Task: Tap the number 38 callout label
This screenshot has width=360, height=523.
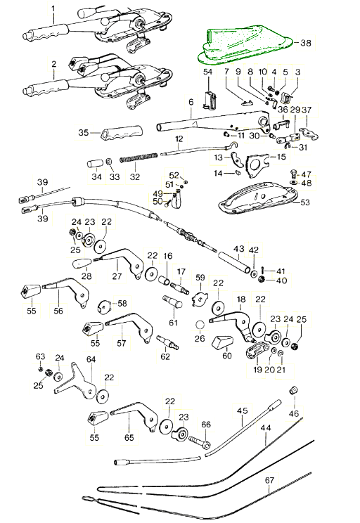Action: point(306,43)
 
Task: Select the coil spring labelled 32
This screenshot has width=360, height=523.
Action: point(139,157)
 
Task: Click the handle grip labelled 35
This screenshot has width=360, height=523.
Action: point(121,134)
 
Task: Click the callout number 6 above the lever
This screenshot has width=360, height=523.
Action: point(191,102)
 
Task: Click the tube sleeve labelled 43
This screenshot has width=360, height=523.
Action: point(234,263)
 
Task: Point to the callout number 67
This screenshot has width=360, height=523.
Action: point(269,480)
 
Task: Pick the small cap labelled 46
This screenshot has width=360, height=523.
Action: point(293,390)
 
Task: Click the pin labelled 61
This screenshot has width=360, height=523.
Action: point(172,302)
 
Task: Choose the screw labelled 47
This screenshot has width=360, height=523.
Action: point(293,174)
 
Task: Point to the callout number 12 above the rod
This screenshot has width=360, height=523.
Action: point(179,138)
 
